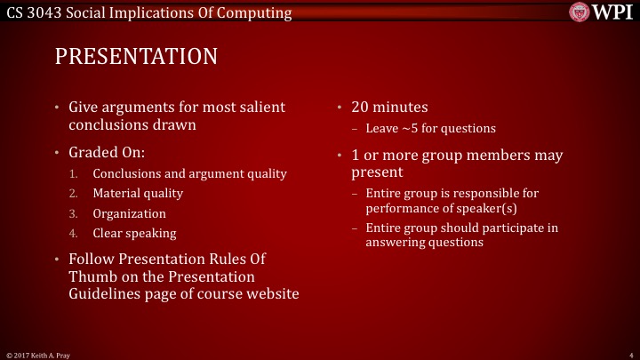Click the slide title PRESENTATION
[136, 57]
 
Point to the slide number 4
[628, 354]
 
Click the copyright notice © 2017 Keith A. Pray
[39, 354]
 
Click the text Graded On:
[107, 152]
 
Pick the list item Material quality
[138, 194]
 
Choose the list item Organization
[129, 213]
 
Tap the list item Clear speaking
[134, 233]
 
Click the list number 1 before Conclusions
[75, 174]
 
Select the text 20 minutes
[389, 108]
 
